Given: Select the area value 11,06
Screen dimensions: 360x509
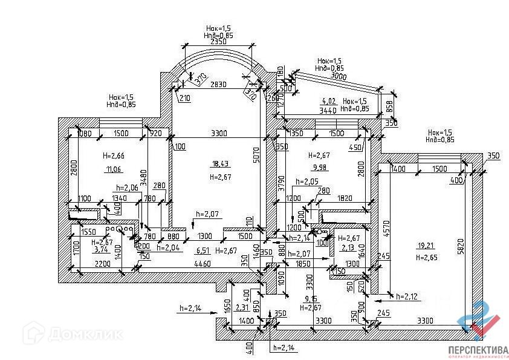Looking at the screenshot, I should [113, 169].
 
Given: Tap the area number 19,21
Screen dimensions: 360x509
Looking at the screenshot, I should [426, 246].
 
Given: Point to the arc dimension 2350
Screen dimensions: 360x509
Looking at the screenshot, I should [218, 43].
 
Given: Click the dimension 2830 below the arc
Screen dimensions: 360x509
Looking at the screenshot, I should [218, 85].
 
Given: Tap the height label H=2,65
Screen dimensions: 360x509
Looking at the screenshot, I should [426, 258].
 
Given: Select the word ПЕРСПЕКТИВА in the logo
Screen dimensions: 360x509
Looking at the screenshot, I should [478, 350].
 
